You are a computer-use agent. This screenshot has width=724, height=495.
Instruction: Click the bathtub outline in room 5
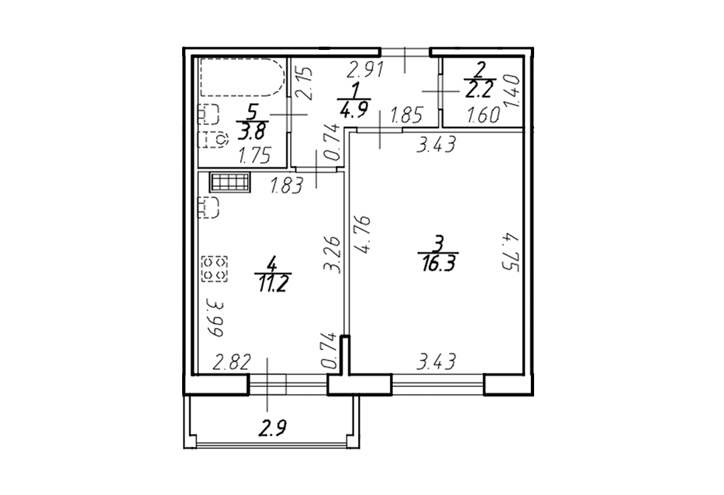pos(240,96)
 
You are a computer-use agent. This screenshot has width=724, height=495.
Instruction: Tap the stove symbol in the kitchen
pos(215,269)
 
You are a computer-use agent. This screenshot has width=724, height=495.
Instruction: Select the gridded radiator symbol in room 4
pos(230,182)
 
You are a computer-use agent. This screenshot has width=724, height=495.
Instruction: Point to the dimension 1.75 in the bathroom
pos(253,156)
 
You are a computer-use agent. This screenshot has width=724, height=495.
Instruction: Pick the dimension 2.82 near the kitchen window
pos(231,363)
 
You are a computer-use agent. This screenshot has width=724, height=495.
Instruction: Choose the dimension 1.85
pos(407,115)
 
